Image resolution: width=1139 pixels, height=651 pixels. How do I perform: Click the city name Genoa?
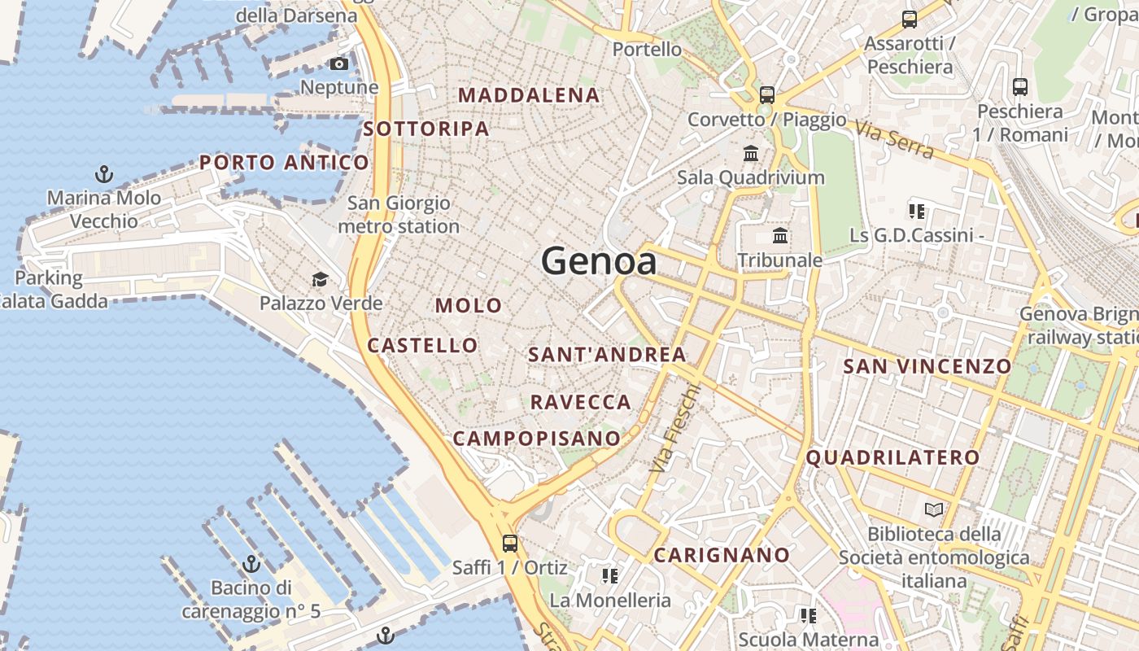[x=599, y=261]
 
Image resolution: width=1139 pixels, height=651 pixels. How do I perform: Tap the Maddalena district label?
[x=529, y=95]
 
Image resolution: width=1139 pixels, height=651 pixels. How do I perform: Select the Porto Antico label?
[x=284, y=162]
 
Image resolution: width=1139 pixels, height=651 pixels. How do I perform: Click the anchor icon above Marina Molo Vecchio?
[x=104, y=173]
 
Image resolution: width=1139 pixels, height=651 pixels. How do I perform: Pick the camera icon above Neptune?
[x=339, y=63]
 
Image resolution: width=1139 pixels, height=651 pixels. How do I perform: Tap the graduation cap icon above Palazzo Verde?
[x=321, y=280]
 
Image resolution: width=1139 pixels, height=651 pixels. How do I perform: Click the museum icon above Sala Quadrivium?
[x=751, y=153]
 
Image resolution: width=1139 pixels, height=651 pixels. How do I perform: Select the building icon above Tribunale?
[x=780, y=236]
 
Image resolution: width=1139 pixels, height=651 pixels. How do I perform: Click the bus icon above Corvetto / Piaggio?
[x=766, y=94]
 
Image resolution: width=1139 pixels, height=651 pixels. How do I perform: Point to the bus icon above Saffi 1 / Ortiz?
[x=510, y=543]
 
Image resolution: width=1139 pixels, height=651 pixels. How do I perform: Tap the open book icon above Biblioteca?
[x=934, y=510]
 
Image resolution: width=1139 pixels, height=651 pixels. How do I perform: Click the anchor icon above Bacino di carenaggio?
[x=251, y=563]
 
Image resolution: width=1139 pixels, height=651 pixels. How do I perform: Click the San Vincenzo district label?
[x=927, y=366]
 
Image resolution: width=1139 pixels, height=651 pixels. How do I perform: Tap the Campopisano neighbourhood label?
[x=536, y=438]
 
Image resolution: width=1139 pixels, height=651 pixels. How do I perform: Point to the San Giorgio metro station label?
[x=399, y=215]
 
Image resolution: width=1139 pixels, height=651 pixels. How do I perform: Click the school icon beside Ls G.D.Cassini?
[x=917, y=212]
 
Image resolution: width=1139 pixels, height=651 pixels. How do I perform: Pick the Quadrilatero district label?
[x=892, y=457]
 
